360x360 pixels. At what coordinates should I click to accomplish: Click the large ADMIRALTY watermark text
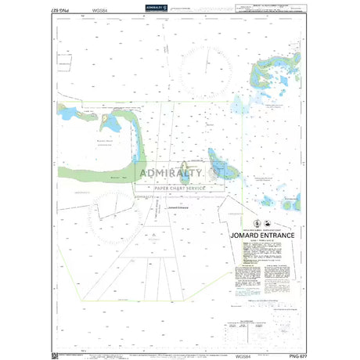point(180,173)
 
